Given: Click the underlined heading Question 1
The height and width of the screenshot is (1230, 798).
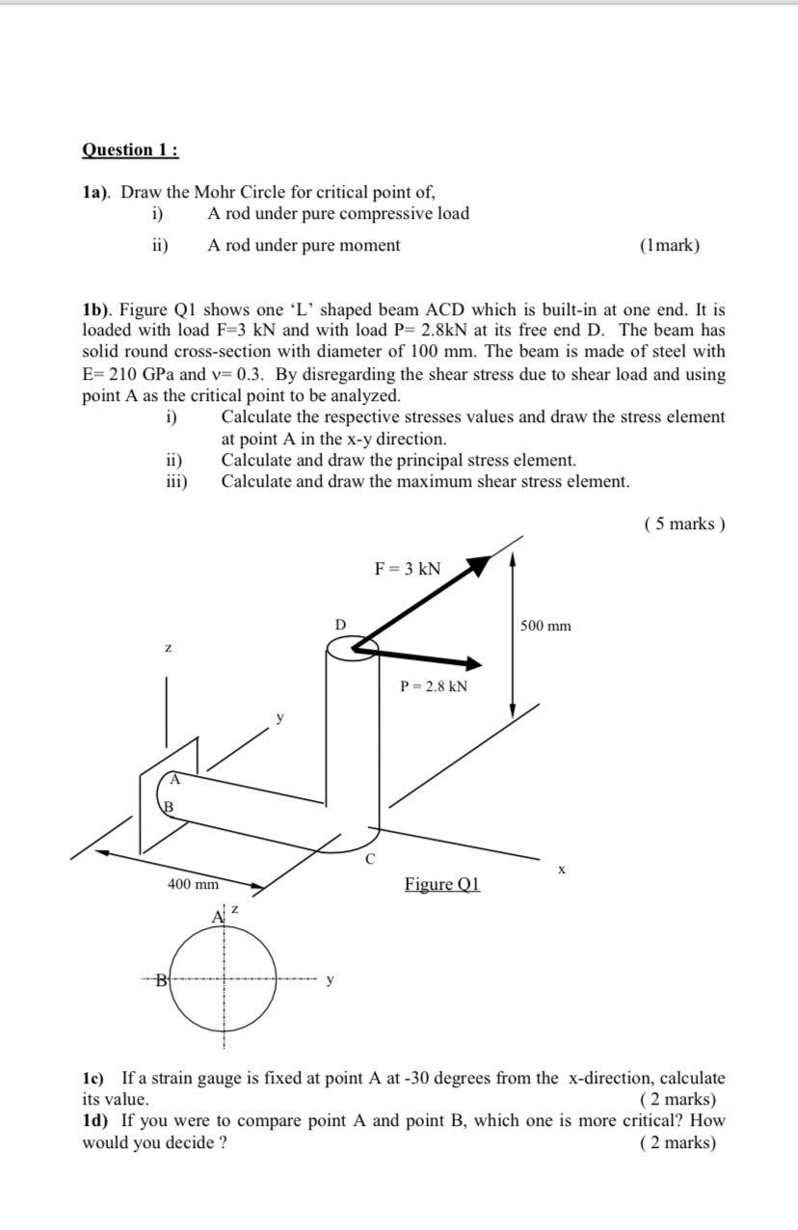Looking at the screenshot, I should click(130, 150).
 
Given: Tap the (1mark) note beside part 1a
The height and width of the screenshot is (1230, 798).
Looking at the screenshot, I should click(669, 246).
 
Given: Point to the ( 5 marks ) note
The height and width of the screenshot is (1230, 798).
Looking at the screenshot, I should click(683, 524).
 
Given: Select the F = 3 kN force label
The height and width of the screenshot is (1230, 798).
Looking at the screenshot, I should click(407, 569).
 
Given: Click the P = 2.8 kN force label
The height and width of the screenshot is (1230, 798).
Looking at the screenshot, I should click(434, 686).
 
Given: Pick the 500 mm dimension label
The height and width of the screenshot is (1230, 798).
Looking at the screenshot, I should click(545, 627).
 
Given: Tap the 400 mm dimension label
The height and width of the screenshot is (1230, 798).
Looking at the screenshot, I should click(193, 884).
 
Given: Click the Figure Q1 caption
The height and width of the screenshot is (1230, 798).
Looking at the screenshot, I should click(442, 884).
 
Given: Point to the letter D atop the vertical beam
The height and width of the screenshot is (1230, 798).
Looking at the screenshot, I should click(340, 626).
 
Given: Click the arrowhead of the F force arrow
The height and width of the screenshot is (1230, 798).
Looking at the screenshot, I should click(477, 565).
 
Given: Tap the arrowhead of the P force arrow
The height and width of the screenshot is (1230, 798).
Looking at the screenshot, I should click(471, 663).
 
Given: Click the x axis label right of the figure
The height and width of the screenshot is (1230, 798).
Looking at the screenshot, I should click(562, 870).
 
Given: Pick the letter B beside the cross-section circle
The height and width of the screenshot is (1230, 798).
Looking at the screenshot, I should click(162, 981).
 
